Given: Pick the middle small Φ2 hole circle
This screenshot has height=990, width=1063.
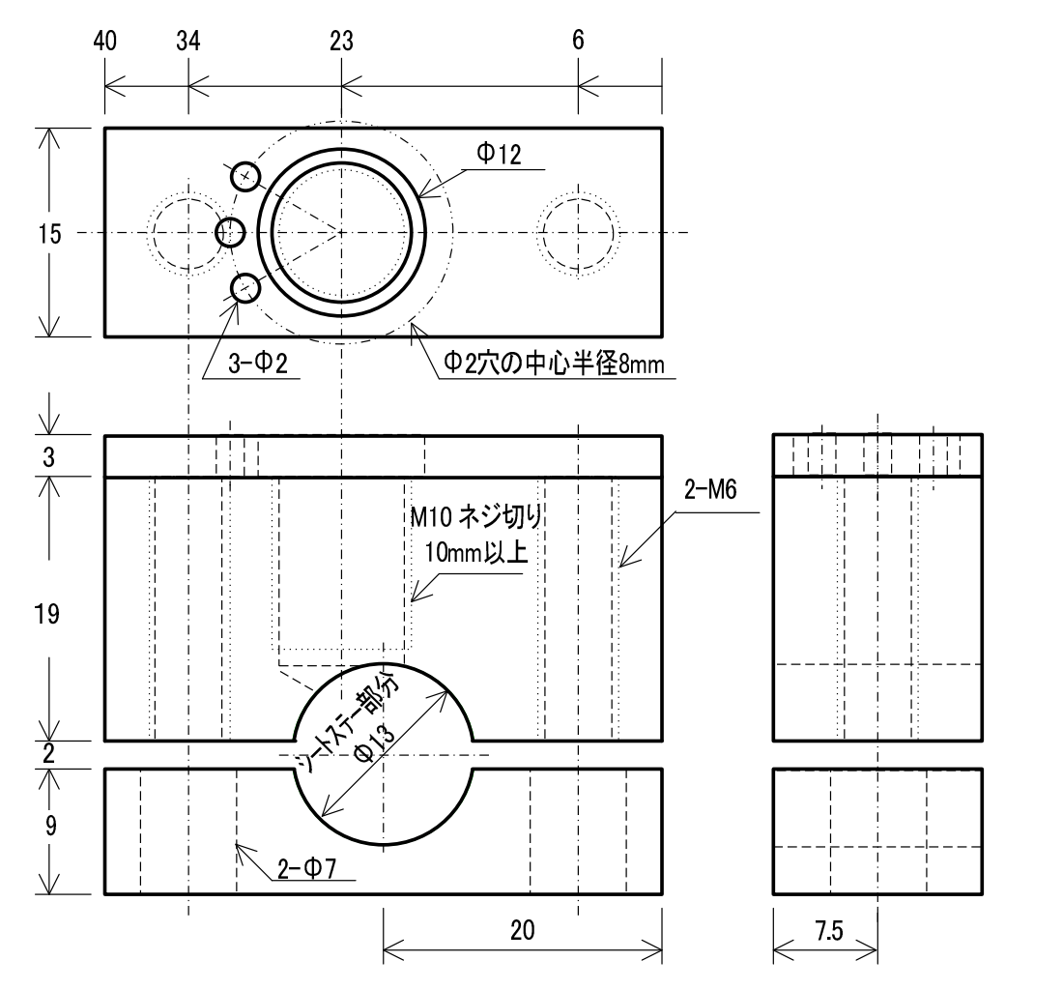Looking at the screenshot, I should click(x=230, y=232).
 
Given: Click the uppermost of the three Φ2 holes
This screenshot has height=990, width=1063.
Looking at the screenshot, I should click(x=246, y=176).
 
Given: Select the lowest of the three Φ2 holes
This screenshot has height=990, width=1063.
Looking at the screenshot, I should click(x=245, y=288).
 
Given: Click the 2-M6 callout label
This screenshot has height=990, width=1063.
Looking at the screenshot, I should click(x=710, y=489).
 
